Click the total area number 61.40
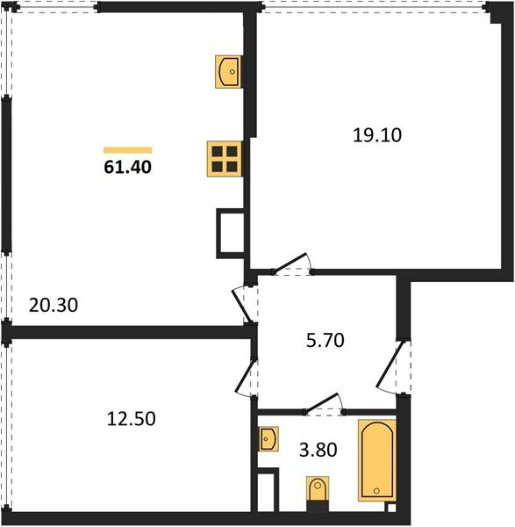click(127, 167)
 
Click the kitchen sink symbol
click(228, 71)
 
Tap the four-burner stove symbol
click(224, 159)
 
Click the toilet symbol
click(317, 492)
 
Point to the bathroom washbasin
click(269, 438)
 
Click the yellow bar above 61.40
click(127, 150)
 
